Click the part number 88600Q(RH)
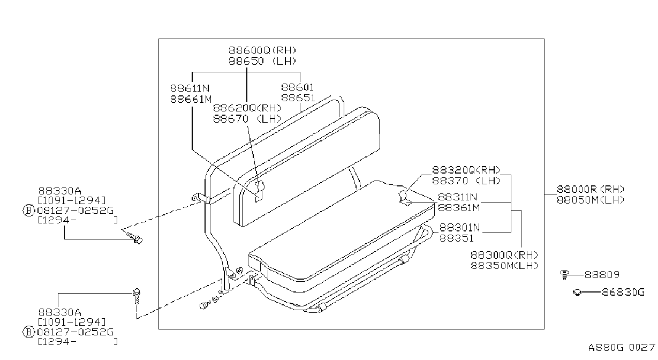coord(262,50)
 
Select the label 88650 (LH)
coord(262,61)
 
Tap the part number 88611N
coord(190,88)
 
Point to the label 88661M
coord(191,99)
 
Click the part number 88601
coord(298,87)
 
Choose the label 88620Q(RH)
coord(247,108)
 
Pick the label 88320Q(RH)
coord(466,170)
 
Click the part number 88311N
coord(457,197)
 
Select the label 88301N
coord(459,227)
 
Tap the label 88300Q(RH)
coord(504,255)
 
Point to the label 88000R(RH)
coord(591,189)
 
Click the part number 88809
coord(602,275)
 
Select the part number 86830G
coord(623,292)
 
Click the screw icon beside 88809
coord(564,275)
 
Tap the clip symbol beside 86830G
coord(577,292)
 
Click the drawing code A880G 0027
coord(622,348)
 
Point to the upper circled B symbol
coord(28,211)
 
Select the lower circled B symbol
coord(28,332)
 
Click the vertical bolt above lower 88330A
coord(137,296)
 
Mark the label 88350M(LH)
coord(504,266)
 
